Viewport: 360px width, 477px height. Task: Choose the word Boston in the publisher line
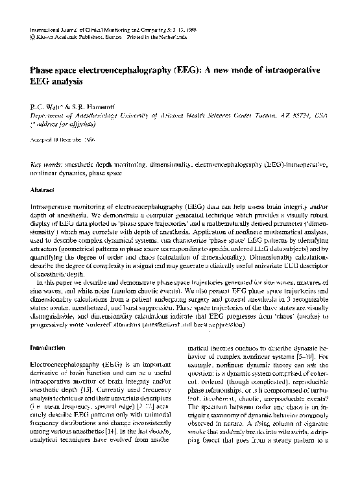tap(117, 38)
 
